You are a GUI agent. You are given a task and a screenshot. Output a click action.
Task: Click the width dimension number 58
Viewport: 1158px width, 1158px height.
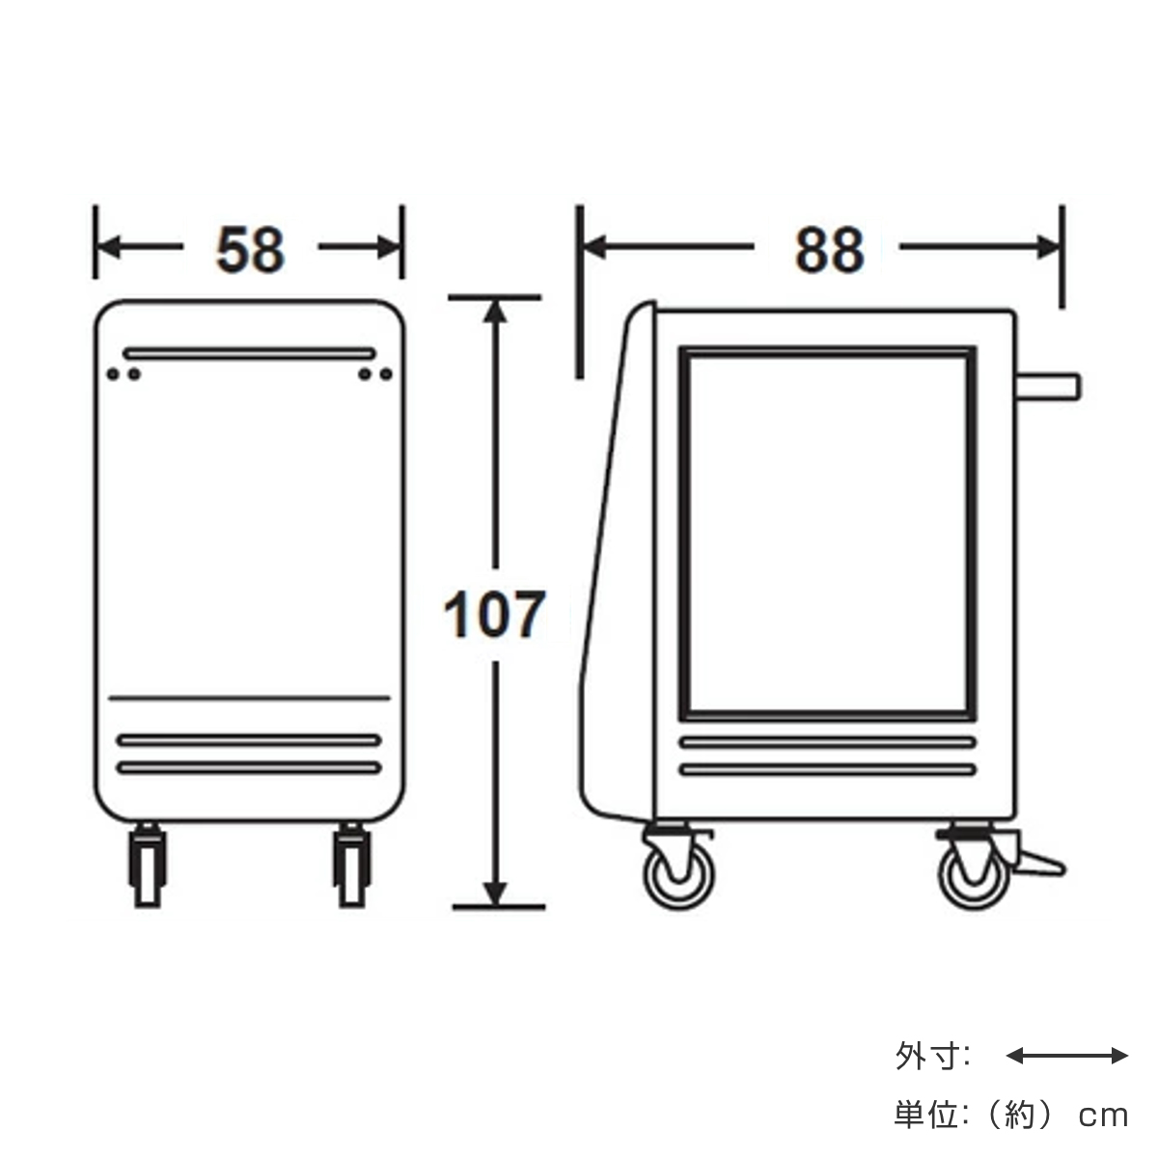[250, 250]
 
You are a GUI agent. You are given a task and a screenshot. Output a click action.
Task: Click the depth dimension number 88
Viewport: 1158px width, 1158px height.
[830, 250]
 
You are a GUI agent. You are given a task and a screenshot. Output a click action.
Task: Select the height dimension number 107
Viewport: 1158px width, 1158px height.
[494, 614]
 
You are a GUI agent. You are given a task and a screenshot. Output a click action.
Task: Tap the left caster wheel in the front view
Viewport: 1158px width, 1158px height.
[148, 866]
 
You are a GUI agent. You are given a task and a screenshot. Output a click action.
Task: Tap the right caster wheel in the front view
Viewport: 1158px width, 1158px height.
[352, 866]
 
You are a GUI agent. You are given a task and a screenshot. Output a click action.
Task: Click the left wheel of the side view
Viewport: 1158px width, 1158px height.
[679, 875]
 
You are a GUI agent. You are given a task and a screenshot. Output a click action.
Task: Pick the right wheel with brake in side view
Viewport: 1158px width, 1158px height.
[974, 875]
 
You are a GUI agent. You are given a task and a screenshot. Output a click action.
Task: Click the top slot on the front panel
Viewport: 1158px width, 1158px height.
[249, 353]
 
